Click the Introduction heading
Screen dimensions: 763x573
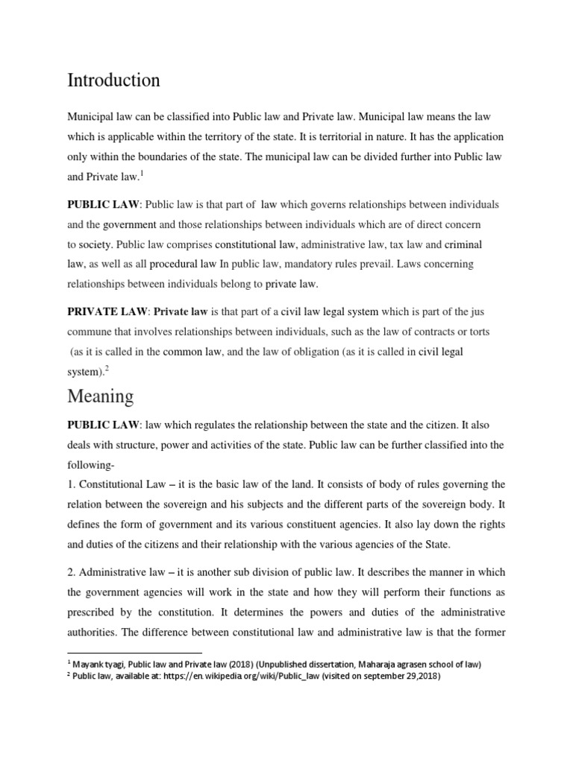pos(113,80)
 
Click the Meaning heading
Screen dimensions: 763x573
pos(101,396)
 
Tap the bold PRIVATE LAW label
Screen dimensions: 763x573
pos(107,311)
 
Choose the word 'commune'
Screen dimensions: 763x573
pos(92,331)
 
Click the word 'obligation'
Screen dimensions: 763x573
pos(308,351)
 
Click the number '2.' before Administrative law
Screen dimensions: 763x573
pos(72,572)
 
